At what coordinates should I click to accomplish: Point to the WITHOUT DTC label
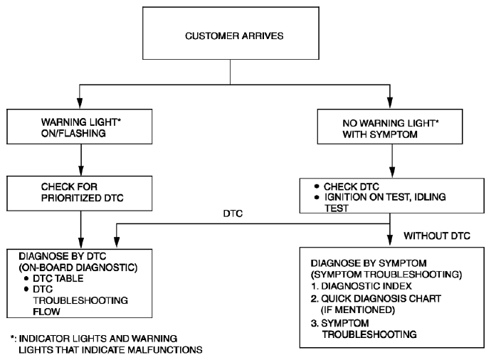[x=437, y=235]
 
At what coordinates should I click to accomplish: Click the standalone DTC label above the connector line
[x=233, y=213]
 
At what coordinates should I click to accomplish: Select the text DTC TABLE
[x=58, y=278]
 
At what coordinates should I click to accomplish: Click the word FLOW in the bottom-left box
[x=46, y=312]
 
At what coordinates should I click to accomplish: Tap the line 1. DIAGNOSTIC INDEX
[x=361, y=286]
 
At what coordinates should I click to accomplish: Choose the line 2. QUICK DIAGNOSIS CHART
[x=376, y=298]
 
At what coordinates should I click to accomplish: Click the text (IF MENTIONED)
[x=358, y=309]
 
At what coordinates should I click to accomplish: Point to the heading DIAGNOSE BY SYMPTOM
[x=369, y=263]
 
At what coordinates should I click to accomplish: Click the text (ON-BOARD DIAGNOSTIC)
[x=78, y=268]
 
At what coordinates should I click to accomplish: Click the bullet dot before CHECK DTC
[x=317, y=186]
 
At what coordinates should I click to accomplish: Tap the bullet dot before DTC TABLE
[x=26, y=278]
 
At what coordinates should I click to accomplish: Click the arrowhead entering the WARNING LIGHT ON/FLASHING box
[x=80, y=103]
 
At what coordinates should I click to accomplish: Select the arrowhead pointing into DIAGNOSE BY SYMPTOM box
[x=390, y=240]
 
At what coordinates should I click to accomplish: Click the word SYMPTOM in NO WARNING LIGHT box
[x=394, y=134]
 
